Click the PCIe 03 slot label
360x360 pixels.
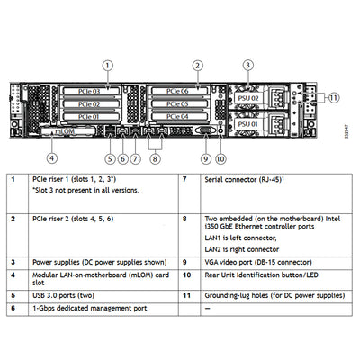[x=104, y=91]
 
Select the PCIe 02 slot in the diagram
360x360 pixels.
[x=104, y=103]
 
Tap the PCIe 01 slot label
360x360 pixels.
[x=104, y=116]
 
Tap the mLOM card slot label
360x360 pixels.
[x=66, y=130]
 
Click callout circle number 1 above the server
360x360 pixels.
[x=107, y=65]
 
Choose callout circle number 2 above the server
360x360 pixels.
[x=197, y=65]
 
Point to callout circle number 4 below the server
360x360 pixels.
[x=51, y=158]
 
